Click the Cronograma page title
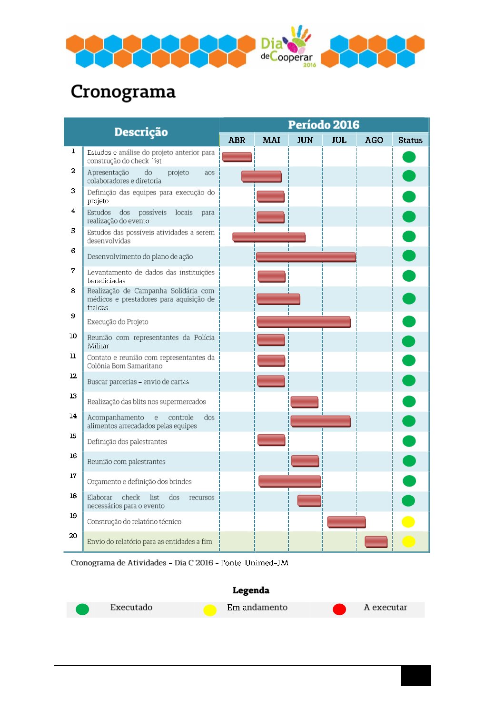click(123, 91)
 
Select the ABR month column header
click(237, 140)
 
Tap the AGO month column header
click(374, 140)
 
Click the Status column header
click(410, 140)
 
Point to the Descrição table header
click(141, 132)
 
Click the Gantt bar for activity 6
click(306, 257)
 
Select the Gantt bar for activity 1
click(237, 157)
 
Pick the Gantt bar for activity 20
click(376, 541)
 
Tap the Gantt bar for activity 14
click(320, 421)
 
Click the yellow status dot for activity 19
click(408, 521)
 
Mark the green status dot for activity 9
click(409, 322)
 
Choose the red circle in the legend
click(339, 609)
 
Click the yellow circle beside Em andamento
click(210, 610)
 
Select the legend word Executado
click(131, 607)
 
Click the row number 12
click(73, 376)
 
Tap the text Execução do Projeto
click(118, 322)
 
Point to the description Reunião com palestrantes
click(126, 461)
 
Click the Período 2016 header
click(324, 125)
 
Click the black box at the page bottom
click(416, 675)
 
